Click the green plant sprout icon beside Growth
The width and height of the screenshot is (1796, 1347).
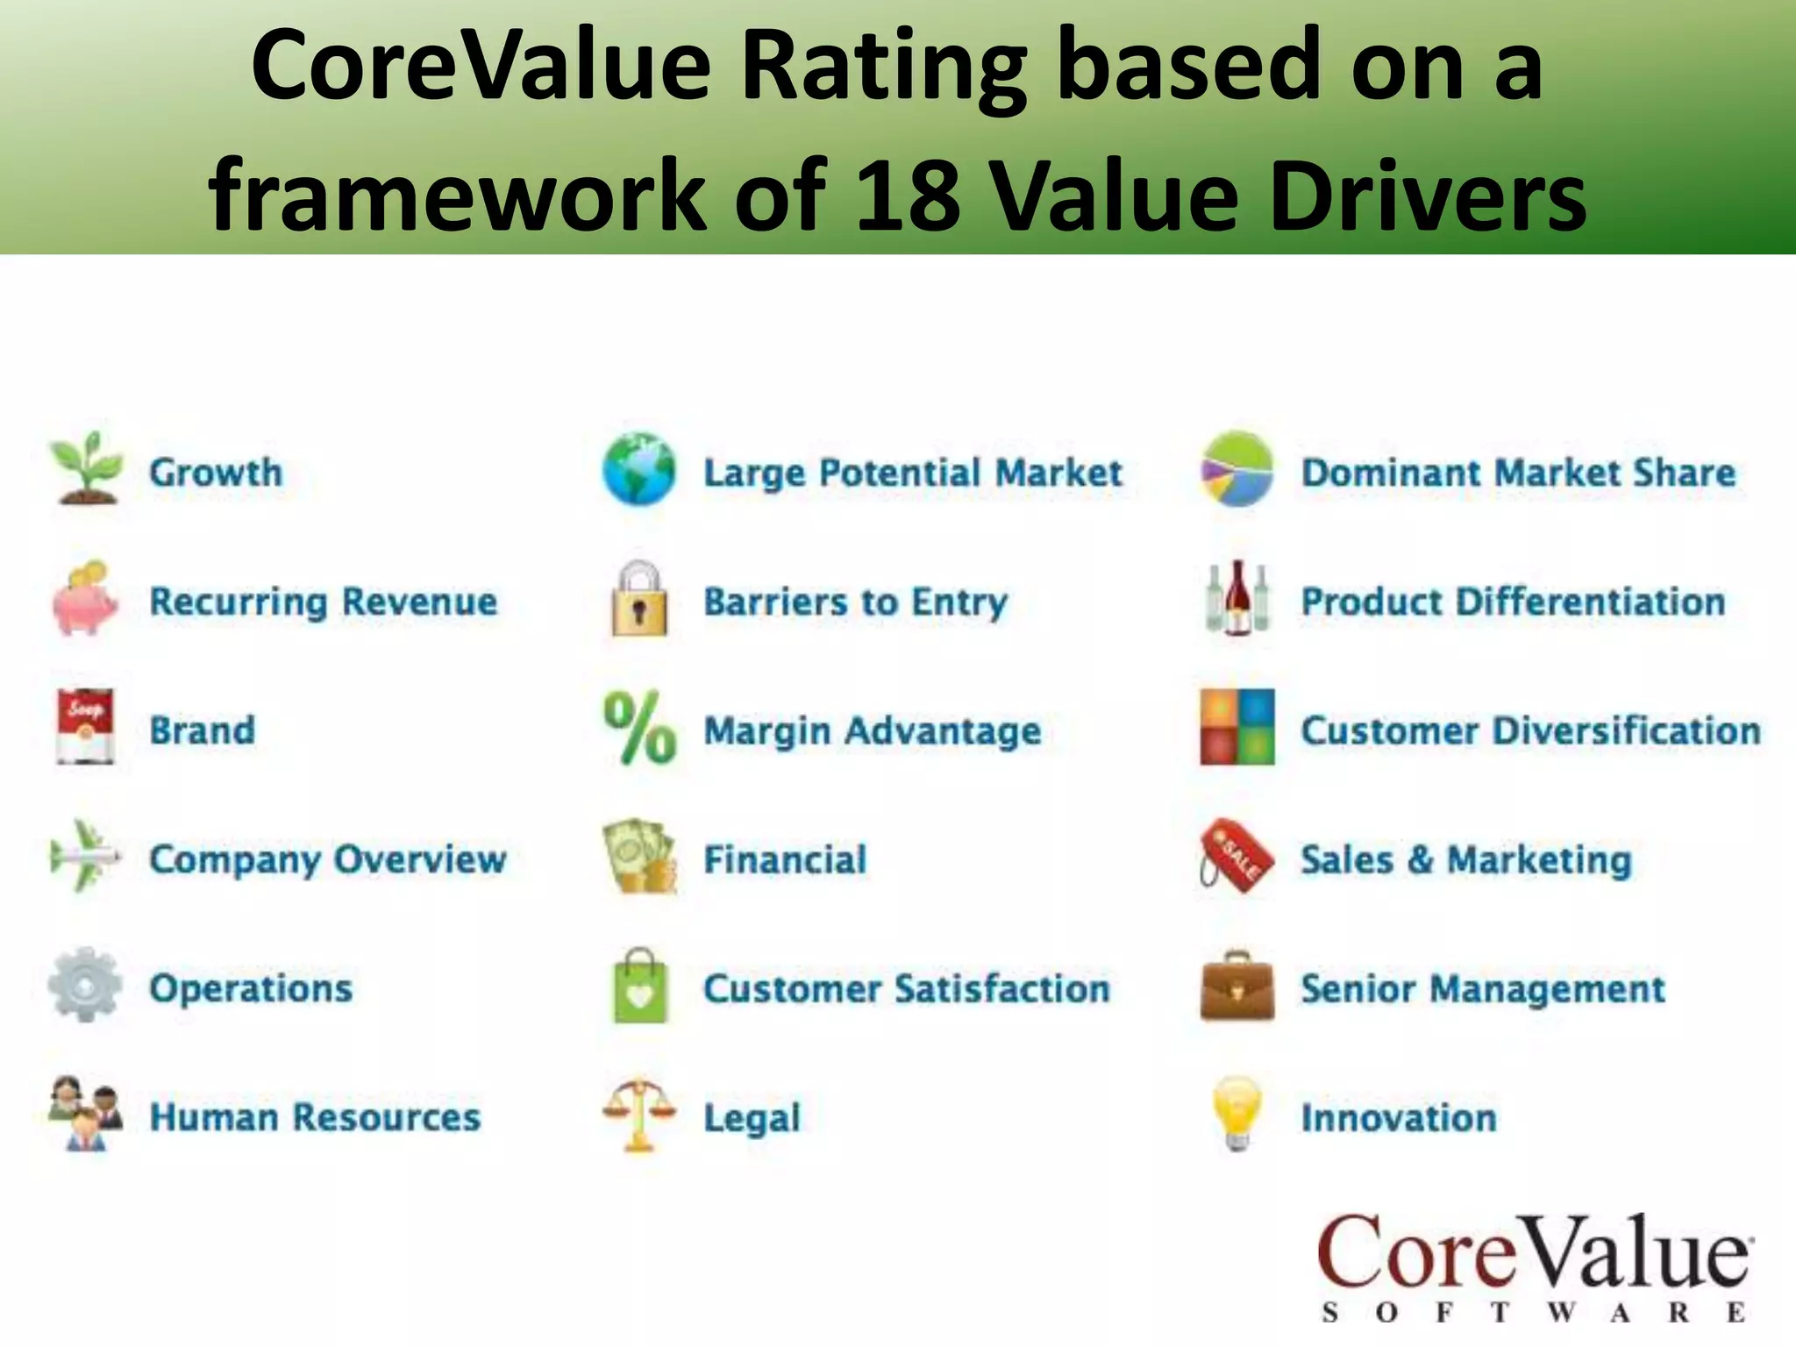85,468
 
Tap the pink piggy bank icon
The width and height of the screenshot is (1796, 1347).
85,599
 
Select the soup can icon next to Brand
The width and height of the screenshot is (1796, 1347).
85,727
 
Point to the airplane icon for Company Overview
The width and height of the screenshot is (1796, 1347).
85,856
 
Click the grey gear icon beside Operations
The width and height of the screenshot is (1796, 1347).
85,985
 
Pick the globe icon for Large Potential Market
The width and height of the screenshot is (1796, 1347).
639,470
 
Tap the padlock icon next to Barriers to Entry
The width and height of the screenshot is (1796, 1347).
639,599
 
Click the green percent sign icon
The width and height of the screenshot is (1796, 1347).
639,728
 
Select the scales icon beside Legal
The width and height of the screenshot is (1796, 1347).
639,1114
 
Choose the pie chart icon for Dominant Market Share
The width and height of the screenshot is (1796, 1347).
1237,470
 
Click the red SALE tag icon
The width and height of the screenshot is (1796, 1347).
1237,857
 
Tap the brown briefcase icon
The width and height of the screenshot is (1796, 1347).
1237,987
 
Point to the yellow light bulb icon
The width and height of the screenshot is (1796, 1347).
1237,1114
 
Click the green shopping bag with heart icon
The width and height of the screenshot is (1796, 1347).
639,987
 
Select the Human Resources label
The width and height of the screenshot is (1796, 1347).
315,1117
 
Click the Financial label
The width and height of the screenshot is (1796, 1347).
785,859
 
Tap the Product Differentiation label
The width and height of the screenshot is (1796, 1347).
1513,602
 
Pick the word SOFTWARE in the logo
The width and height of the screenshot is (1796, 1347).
1534,1313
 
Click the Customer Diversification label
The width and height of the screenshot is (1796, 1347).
1530,731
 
